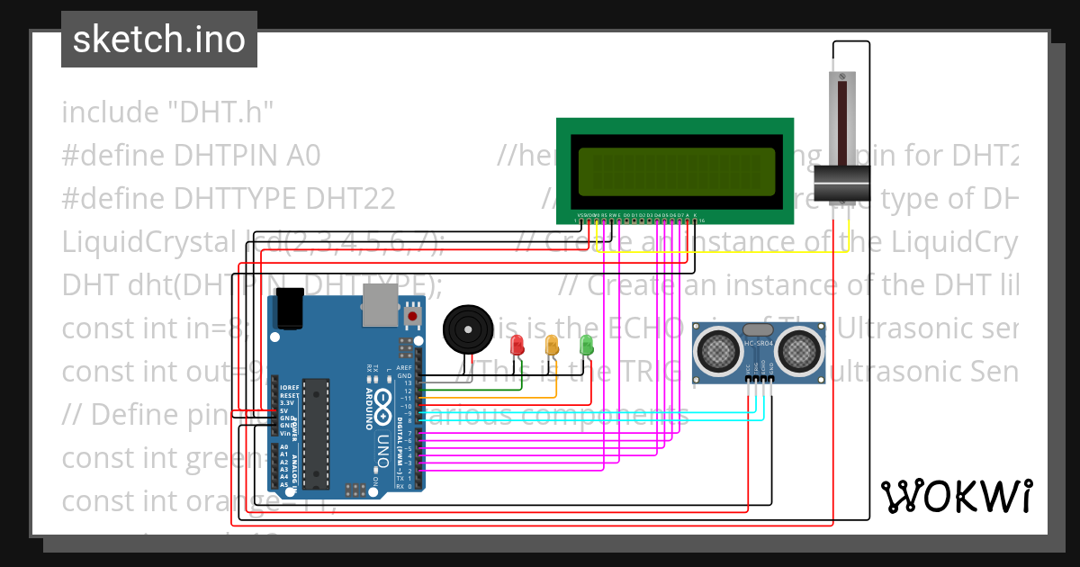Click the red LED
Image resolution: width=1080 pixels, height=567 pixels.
(x=517, y=345)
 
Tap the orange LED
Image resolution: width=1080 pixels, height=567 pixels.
(x=552, y=344)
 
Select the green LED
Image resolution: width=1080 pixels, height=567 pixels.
(x=586, y=344)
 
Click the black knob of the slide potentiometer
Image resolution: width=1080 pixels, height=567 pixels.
(x=842, y=184)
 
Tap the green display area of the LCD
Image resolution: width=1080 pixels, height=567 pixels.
(x=677, y=171)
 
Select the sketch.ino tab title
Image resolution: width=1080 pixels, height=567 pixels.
(x=159, y=40)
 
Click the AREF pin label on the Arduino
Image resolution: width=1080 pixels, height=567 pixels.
(x=404, y=368)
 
